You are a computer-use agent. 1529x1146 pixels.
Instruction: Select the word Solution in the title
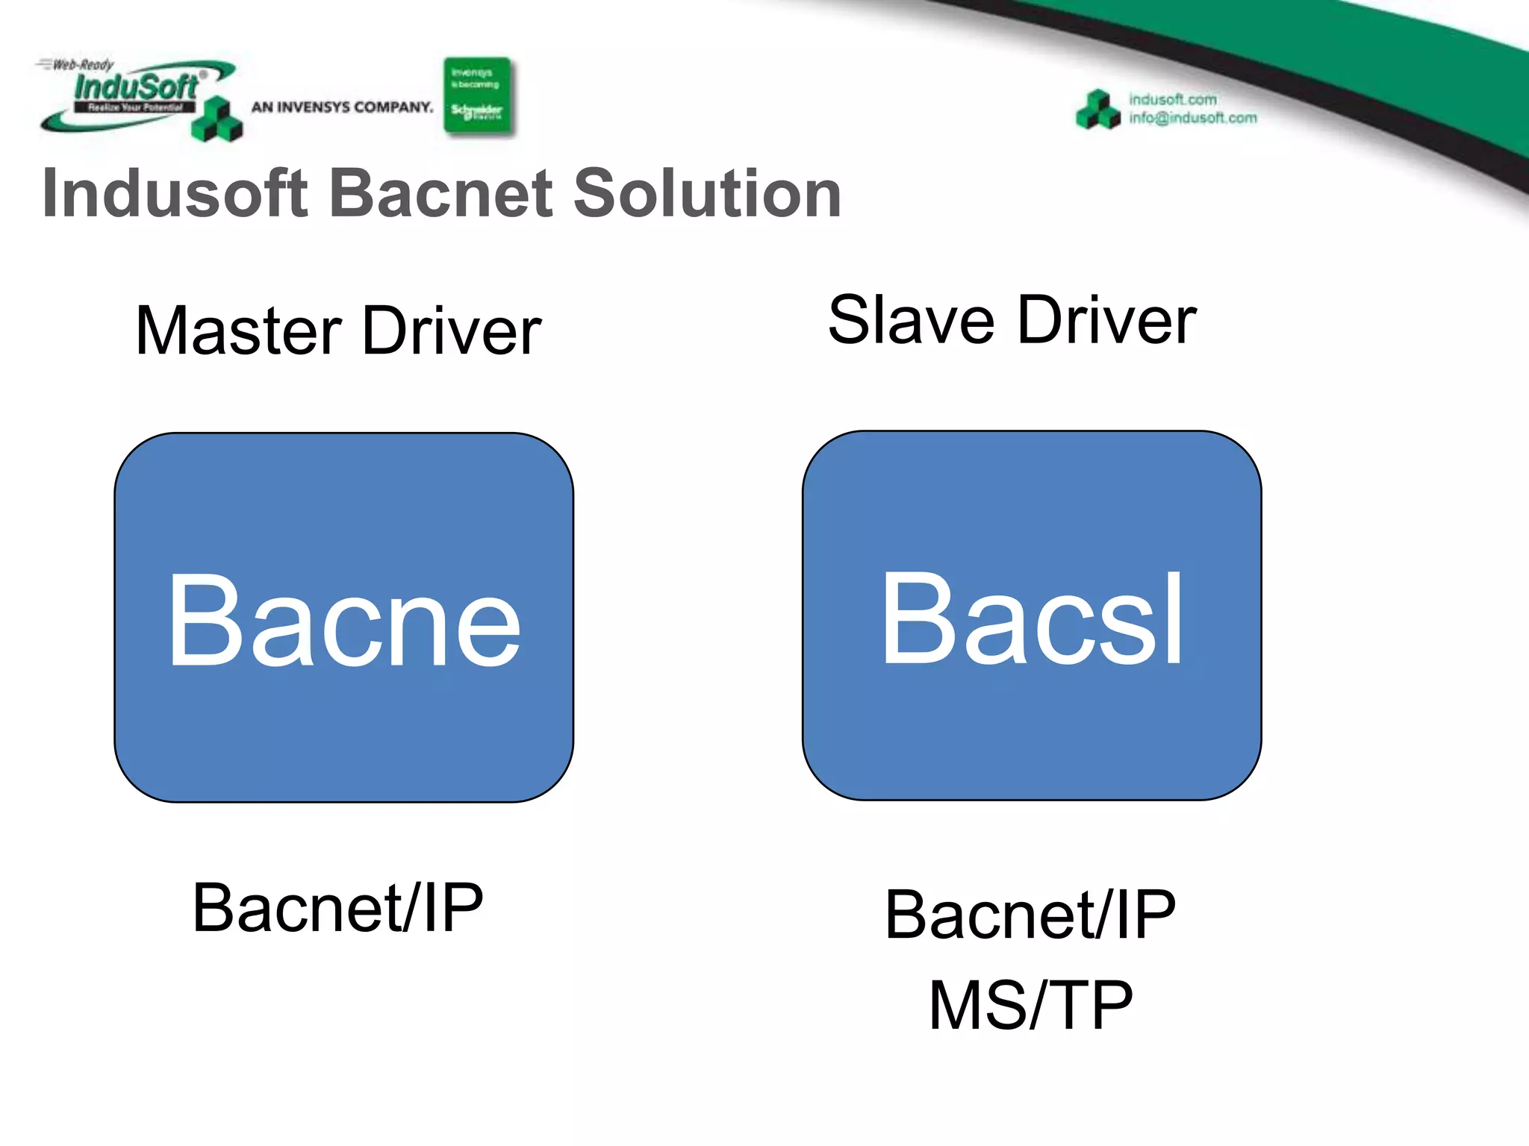(x=707, y=193)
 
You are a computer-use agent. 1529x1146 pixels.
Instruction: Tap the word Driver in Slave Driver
(x=1107, y=320)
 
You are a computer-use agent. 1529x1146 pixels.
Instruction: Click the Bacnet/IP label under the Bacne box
(x=337, y=907)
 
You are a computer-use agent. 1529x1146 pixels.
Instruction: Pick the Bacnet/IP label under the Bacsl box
(x=1030, y=915)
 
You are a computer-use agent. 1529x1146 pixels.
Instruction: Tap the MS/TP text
(x=1030, y=1005)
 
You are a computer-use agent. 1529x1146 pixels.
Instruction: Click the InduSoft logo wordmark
(x=136, y=87)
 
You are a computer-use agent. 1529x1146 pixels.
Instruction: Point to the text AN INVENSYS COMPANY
(x=342, y=107)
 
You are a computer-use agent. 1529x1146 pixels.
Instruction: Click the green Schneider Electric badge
(x=477, y=96)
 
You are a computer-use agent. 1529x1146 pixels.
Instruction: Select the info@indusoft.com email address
(x=1192, y=118)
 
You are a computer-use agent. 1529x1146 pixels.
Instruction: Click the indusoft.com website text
(x=1172, y=99)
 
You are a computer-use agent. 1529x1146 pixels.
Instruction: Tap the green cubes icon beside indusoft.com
(x=1097, y=110)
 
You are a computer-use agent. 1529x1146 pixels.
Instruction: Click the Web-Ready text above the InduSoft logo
(x=82, y=65)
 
